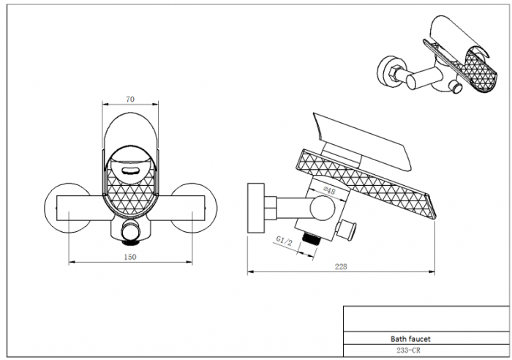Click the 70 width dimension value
(130, 99)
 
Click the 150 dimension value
(130, 257)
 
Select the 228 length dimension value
(341, 266)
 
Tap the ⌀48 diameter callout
(329, 190)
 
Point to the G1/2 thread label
(284, 241)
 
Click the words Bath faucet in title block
(410, 339)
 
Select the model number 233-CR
(408, 350)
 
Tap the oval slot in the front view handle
(131, 170)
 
